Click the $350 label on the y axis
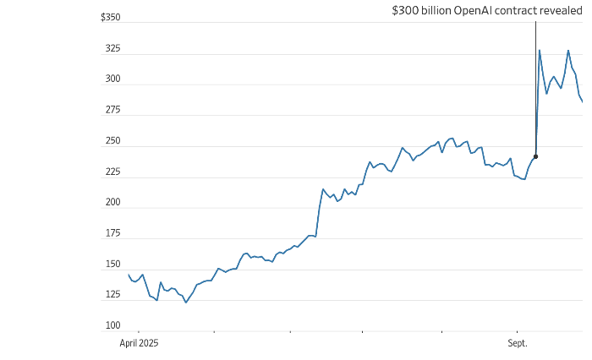click(x=110, y=18)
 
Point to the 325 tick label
click(x=112, y=49)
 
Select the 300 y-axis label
click(x=112, y=79)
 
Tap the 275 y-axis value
click(x=112, y=111)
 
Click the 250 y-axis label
click(x=112, y=141)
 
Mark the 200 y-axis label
click(x=112, y=203)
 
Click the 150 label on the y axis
click(x=112, y=265)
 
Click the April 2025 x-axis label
click(x=139, y=343)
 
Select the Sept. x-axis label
click(x=517, y=343)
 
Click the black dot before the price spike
click(x=535, y=156)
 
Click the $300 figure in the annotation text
click(x=404, y=11)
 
